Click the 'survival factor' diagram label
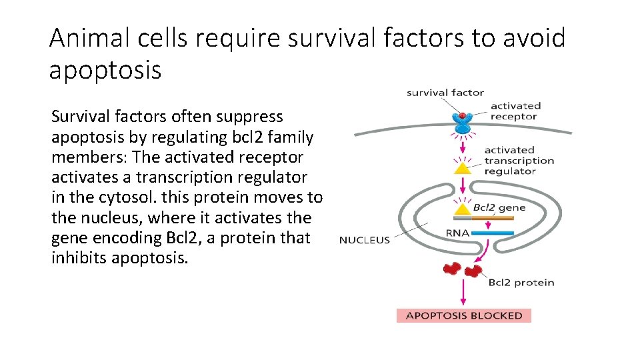445,93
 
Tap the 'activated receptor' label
515,111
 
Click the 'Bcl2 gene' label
499,207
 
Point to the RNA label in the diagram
458,233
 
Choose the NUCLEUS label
364,240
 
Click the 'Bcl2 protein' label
521,282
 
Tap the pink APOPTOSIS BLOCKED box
464,315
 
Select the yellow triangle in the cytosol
462,168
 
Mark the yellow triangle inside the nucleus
462,211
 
